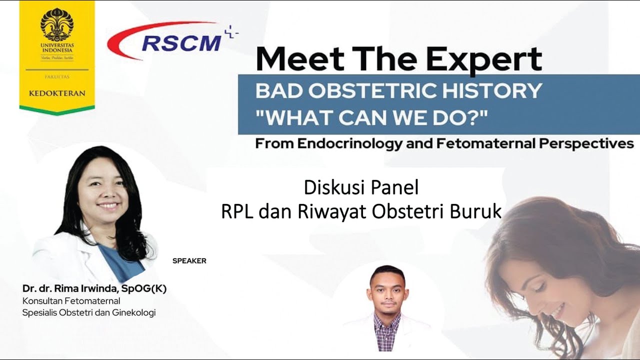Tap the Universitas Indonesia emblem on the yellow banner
pyautogui.click(x=56, y=24)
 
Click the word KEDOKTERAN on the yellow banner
pyautogui.click(x=56, y=93)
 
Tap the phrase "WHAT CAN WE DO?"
pyautogui.click(x=371, y=118)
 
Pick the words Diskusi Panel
pyautogui.click(x=361, y=188)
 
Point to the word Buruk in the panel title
pyautogui.click(x=475, y=211)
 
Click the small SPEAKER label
pyautogui.click(x=189, y=261)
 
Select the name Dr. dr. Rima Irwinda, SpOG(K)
pyautogui.click(x=94, y=289)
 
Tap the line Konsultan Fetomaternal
pyautogui.click(x=71, y=301)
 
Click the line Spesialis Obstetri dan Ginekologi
pyautogui.click(x=89, y=313)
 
